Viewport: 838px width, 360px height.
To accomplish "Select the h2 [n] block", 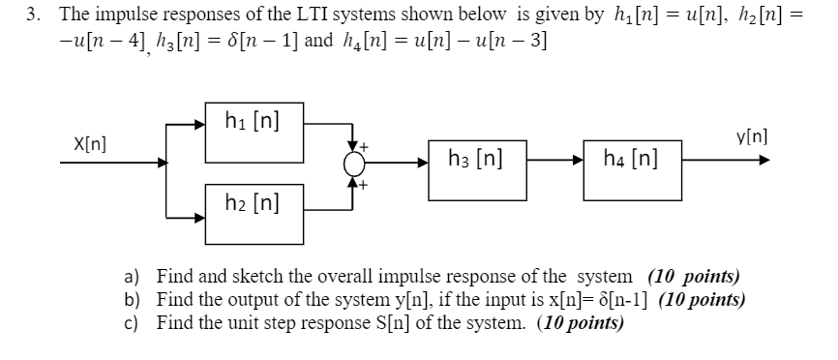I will (253, 203).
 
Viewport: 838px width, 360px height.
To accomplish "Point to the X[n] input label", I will (89, 144).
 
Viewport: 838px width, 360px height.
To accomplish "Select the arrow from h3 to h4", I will (553, 164).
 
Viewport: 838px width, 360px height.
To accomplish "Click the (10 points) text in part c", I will (581, 322).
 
